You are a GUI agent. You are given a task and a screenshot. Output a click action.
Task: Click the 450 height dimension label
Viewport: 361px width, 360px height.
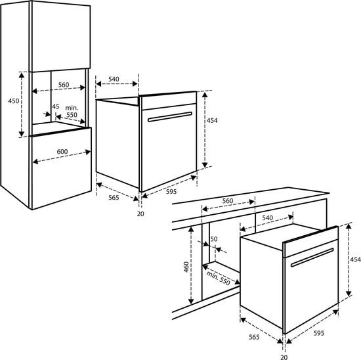[14, 101]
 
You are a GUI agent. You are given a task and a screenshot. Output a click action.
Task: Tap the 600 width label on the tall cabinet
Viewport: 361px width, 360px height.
[62, 151]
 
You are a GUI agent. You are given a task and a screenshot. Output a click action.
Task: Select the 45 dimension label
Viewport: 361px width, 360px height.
[56, 106]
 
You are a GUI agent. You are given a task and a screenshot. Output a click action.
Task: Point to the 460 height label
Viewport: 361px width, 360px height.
[186, 267]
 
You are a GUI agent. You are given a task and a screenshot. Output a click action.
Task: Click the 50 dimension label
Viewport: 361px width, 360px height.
[214, 239]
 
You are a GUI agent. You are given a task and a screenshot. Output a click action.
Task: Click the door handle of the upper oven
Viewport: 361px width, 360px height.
[170, 117]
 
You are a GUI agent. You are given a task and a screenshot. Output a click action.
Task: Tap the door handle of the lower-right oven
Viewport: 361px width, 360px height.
[312, 258]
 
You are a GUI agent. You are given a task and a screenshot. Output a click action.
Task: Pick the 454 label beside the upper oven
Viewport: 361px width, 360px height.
[212, 120]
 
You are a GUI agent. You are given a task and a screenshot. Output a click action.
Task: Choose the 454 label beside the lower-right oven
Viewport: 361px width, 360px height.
[355, 259]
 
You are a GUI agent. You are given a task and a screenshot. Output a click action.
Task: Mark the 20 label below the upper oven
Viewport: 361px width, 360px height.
[140, 214]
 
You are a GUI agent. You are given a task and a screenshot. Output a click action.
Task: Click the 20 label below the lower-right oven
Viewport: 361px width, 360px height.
[284, 357]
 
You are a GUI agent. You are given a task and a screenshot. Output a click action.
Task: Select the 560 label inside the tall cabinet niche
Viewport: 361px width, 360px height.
[64, 85]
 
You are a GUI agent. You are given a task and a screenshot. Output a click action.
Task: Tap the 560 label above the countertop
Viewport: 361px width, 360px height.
[228, 201]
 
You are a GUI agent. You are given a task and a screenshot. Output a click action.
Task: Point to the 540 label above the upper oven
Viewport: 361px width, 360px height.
[114, 79]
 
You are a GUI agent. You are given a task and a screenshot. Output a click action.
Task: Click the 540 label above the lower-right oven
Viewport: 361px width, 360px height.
[268, 217]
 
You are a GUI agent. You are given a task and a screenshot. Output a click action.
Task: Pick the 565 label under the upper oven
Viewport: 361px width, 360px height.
[114, 198]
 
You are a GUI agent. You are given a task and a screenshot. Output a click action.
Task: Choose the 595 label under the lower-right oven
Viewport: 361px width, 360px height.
[319, 333]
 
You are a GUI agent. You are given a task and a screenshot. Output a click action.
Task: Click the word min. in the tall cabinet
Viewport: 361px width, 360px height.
[72, 108]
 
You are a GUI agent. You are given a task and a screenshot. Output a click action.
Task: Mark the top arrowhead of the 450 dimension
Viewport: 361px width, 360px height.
[22, 75]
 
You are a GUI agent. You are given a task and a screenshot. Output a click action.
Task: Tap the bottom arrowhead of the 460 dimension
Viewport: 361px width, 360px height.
[191, 301]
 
